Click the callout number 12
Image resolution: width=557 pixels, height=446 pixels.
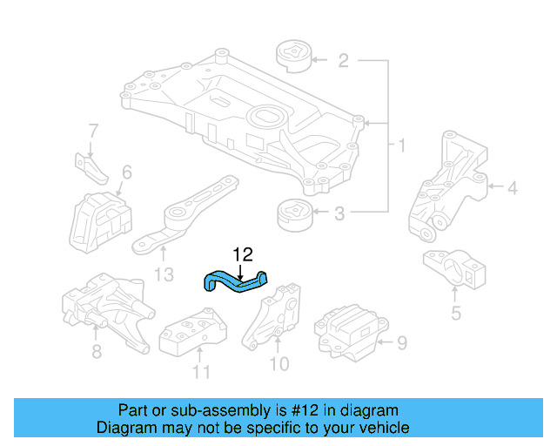click(x=243, y=254)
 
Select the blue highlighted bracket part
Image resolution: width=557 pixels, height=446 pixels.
click(x=235, y=281)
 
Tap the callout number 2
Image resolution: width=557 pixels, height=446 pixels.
click(x=343, y=60)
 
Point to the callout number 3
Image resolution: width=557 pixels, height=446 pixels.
click(x=340, y=212)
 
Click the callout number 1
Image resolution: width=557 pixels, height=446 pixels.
click(x=401, y=145)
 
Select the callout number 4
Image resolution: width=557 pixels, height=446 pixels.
click(x=513, y=186)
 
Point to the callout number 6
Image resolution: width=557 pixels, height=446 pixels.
click(x=126, y=172)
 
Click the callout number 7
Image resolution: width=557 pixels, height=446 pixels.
click(x=92, y=132)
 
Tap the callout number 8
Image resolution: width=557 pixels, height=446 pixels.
click(x=97, y=351)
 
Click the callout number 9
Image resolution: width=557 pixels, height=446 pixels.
click(x=401, y=343)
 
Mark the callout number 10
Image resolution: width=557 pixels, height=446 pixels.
click(x=280, y=363)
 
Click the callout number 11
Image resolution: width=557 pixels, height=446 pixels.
click(x=201, y=373)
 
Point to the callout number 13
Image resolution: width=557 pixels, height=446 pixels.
click(x=164, y=275)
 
